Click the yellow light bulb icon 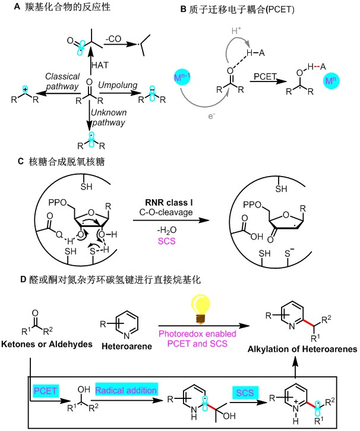tap(201, 309)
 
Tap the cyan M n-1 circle tap(182, 77)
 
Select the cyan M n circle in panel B tap(331, 81)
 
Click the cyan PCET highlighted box tap(45, 391)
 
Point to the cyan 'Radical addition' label tap(127, 390)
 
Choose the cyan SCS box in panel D tap(245, 392)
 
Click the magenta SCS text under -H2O tap(167, 241)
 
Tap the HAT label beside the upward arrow tap(100, 65)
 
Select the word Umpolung tap(118, 85)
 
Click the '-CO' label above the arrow tap(113, 39)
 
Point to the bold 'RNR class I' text tap(169, 203)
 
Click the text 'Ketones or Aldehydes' tap(47, 344)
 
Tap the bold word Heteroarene tap(127, 346)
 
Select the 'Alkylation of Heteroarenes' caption tap(302, 349)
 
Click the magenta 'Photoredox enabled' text tap(197, 334)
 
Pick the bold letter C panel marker tap(21, 161)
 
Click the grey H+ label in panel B tap(236, 30)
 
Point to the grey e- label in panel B tap(211, 116)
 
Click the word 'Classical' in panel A tap(62, 76)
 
